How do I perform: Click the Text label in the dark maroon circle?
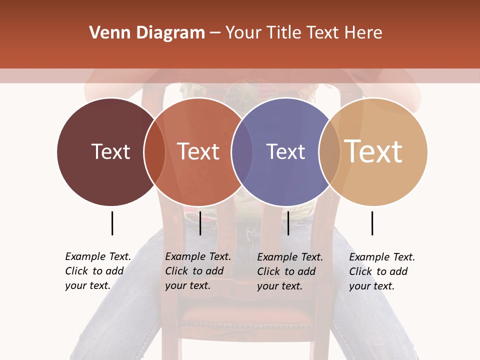coord(110,151)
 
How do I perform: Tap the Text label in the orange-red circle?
coord(198,151)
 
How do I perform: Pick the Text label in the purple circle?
coord(285,151)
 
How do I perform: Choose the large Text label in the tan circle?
coord(373,151)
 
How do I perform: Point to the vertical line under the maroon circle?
coord(112,223)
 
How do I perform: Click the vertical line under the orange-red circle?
coord(200,223)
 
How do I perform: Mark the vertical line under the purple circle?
coord(288,223)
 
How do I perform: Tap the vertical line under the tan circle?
coord(372,223)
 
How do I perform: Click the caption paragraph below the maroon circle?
coord(97,271)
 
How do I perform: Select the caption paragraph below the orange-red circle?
coord(197,271)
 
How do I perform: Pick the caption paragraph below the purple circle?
coord(289,271)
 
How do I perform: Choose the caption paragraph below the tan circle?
coord(381,271)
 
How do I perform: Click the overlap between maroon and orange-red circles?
coord(154,151)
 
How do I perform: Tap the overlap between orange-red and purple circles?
coord(242,151)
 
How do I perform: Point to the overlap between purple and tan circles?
coord(329,151)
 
